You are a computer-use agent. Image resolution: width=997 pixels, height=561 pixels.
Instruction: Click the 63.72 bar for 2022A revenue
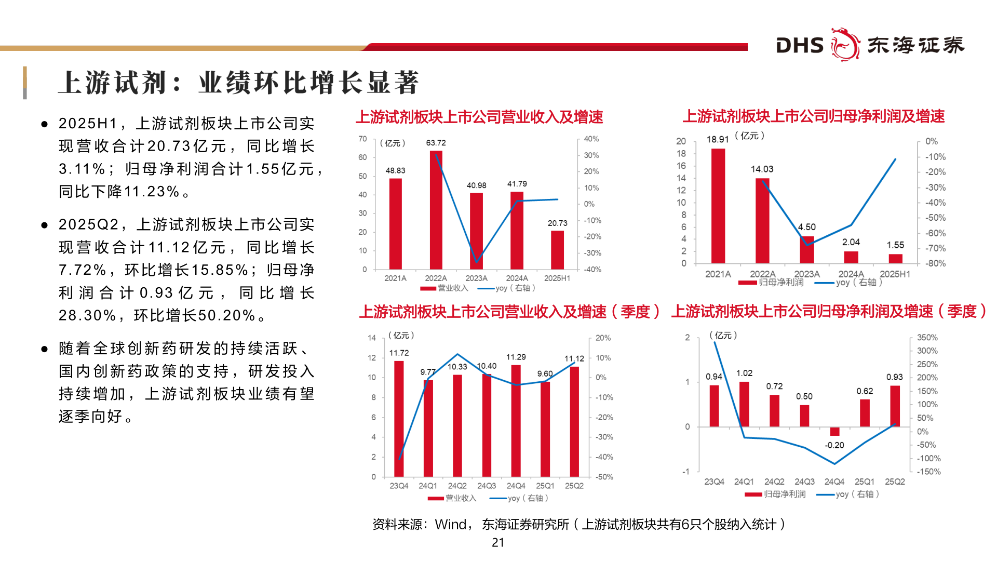pos(436,210)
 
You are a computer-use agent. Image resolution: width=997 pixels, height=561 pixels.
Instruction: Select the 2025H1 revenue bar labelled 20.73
pos(557,250)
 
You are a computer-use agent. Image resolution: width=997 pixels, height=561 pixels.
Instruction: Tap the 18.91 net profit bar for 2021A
pos(718,206)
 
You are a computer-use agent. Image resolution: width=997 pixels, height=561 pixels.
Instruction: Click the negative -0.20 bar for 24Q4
pos(834,432)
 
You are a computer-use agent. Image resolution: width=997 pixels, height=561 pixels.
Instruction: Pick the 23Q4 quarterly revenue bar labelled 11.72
pos(399,419)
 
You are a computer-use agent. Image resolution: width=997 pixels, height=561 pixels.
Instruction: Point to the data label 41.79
pos(517,184)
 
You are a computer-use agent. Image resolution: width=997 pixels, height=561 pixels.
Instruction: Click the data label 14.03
pos(762,169)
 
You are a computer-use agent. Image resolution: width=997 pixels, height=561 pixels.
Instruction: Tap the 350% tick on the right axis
pos(927,338)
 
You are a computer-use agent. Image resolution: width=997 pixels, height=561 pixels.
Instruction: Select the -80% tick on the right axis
pos(935,263)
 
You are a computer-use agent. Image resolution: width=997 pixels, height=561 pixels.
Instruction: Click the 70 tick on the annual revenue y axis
pos(362,139)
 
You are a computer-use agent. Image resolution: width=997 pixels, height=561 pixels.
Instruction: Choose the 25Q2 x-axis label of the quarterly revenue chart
pos(574,486)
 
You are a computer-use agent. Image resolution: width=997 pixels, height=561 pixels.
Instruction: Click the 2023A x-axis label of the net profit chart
pos(806,274)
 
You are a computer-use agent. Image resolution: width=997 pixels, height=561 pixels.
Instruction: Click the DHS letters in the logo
pos(800,46)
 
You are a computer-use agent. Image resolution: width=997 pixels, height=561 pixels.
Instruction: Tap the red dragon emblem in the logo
pos(845,45)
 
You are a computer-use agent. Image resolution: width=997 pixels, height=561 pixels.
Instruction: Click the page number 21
pos(498,542)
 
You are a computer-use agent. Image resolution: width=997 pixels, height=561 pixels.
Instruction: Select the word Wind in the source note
pos(451,525)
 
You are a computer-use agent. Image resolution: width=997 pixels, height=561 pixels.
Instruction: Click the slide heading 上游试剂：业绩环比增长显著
pos(239,83)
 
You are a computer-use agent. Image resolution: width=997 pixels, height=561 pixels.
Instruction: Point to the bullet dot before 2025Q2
pos(45,225)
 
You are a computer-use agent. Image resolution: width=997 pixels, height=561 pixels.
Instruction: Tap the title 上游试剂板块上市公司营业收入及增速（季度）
pos(509,312)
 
